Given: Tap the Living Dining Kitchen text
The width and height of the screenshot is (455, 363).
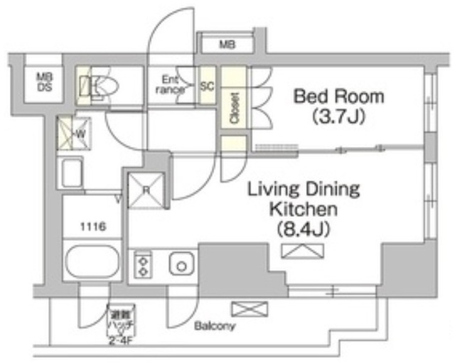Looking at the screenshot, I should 304,200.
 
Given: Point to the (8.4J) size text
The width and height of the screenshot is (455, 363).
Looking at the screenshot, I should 304,229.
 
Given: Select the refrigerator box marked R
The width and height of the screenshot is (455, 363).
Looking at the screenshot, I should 147,190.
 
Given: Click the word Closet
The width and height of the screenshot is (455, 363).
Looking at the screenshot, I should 234,107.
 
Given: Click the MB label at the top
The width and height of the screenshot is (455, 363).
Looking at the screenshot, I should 227,45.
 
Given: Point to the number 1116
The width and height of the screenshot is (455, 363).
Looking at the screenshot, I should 93,227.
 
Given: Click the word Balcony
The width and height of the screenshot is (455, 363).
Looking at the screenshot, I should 215,327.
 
